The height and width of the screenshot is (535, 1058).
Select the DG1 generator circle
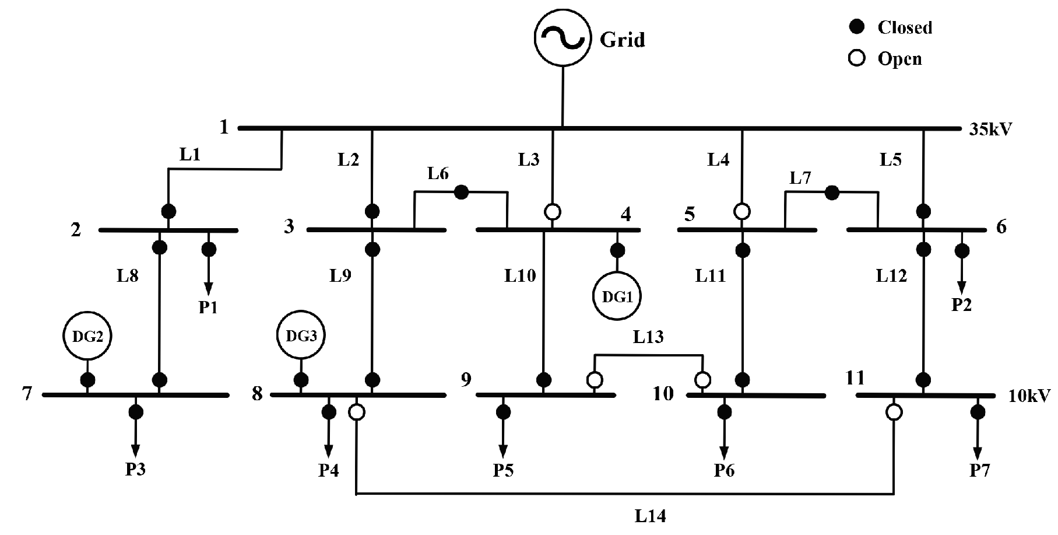[x=617, y=296]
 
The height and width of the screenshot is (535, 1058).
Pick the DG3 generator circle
[x=301, y=335]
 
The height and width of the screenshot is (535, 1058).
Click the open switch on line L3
[x=553, y=211]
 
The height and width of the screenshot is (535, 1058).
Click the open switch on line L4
[x=741, y=211]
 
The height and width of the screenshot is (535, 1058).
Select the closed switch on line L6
[x=461, y=191]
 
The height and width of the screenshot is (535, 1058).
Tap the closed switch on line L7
[x=832, y=191]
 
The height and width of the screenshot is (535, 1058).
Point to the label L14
[x=650, y=516]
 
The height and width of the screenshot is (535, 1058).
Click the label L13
[x=648, y=337]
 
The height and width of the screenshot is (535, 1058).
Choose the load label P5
[x=503, y=470]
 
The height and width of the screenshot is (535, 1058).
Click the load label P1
[x=208, y=307]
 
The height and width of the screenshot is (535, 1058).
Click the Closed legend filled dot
[x=856, y=27]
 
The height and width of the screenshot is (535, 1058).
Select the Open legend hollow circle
[x=856, y=59]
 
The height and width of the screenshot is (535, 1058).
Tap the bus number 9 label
[x=466, y=380]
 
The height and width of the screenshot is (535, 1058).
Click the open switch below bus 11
[x=893, y=412]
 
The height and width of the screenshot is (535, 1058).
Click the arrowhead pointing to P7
[x=978, y=454]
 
